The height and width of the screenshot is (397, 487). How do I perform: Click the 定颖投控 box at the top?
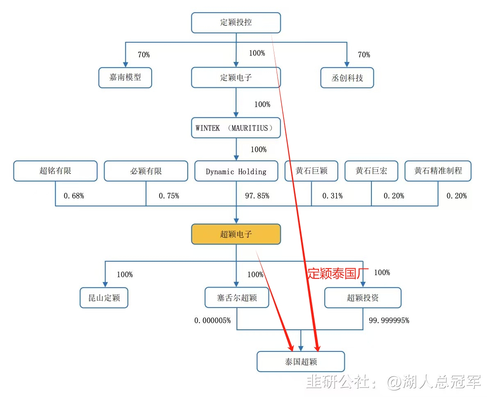click(236, 23)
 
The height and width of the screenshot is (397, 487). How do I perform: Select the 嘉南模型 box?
click(125, 78)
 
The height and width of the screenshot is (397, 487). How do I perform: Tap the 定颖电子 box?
click(236, 78)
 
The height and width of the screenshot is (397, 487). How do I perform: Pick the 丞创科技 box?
click(347, 78)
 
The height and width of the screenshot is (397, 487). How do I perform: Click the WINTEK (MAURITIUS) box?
click(236, 128)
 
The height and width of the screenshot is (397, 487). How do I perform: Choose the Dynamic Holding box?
click(236, 171)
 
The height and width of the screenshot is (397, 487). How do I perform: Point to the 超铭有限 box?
click(55, 171)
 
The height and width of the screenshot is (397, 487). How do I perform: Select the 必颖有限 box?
click(146, 171)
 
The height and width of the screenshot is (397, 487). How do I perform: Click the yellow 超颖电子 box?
click(236, 234)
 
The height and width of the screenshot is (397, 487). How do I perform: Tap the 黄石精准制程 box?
click(438, 171)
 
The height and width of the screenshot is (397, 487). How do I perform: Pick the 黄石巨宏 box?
click(371, 171)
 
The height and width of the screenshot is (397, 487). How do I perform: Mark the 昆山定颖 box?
click(104, 298)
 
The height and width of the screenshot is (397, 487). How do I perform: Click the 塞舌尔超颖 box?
click(237, 298)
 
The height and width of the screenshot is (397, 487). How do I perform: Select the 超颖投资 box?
click(363, 298)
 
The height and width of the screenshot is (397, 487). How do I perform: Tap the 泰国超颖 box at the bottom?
click(301, 362)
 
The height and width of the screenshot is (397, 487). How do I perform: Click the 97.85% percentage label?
click(257, 196)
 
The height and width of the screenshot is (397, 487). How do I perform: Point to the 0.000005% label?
click(212, 321)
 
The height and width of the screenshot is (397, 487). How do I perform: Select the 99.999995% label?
click(389, 321)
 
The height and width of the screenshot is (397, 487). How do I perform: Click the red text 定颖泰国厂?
click(338, 274)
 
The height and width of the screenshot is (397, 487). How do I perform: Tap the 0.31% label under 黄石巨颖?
click(332, 196)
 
